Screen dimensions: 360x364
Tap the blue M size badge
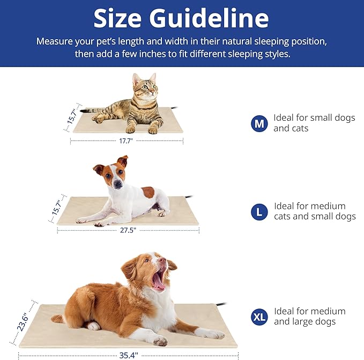(x=259, y=124)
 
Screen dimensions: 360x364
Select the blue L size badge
(x=259, y=211)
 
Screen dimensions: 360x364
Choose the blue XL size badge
(x=259, y=317)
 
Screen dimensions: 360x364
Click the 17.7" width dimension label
(x=126, y=141)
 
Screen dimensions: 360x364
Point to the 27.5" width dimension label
(x=128, y=230)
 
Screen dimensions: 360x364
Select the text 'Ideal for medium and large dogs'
(x=309, y=317)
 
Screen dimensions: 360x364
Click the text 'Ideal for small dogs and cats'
(x=314, y=123)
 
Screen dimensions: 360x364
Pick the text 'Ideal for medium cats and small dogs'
(x=315, y=211)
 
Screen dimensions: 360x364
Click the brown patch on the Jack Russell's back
(x=148, y=192)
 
